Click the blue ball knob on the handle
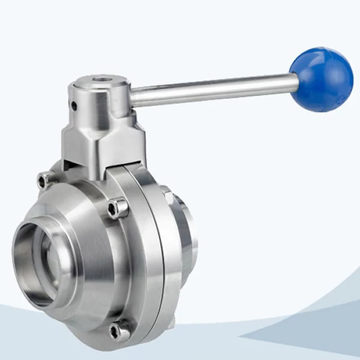click(322, 79)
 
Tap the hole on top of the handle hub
click(100, 80)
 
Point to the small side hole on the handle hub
click(74, 106)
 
